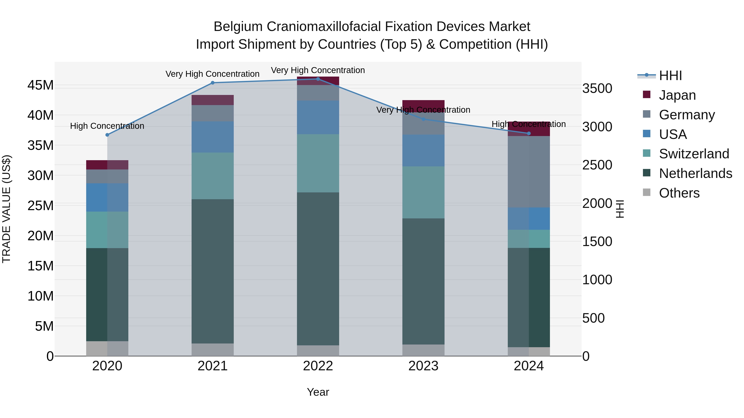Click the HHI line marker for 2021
[213, 83]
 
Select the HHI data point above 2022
[318, 79]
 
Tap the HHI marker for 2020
[107, 135]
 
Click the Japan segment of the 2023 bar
[423, 105]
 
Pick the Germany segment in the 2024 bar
[529, 172]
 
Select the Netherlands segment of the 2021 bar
[213, 271]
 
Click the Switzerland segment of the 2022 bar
[318, 163]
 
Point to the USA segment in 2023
[423, 151]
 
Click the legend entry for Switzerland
[694, 154]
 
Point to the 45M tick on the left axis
[41, 85]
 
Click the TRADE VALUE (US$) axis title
[6, 209]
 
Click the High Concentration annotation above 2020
[107, 126]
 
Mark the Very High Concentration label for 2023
[423, 110]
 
